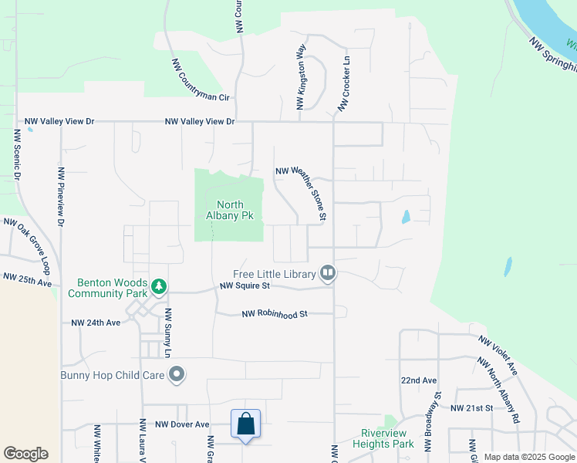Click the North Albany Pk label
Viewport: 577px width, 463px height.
tap(230, 210)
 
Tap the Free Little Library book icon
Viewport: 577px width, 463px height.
tap(328, 273)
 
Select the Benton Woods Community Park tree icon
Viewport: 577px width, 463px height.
tap(159, 287)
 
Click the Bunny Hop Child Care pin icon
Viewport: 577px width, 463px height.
tap(177, 375)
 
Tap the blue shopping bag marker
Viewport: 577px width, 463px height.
tap(245, 424)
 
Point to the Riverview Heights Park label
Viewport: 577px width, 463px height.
tap(383, 438)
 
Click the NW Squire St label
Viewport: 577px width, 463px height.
tap(245, 286)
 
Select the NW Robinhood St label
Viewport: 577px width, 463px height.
tap(275, 314)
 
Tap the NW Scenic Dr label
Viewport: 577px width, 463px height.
tap(16, 154)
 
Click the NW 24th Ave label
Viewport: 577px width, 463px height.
tap(96, 323)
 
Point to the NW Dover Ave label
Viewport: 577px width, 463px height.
tap(182, 424)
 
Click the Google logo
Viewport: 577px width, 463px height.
tap(25, 454)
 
